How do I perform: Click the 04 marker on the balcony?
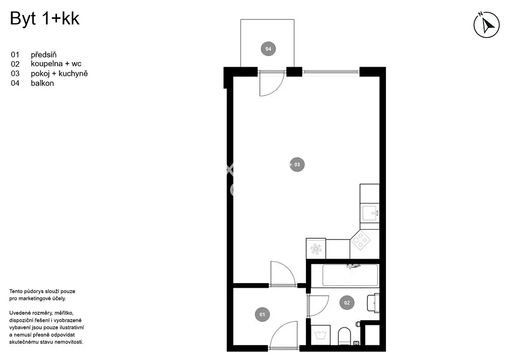[x=268, y=49]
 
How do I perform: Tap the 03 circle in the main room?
[x=297, y=164]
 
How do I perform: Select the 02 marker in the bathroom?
[x=347, y=302]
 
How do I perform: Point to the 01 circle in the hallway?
[x=262, y=314]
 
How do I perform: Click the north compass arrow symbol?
[x=486, y=24]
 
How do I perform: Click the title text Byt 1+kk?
[x=44, y=18]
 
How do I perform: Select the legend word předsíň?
[x=43, y=54]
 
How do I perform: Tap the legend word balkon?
[x=42, y=83]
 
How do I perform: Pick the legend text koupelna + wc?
[x=56, y=64]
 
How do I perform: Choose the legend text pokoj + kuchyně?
[x=59, y=74]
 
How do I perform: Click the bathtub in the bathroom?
[x=350, y=275]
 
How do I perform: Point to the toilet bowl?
[x=345, y=336]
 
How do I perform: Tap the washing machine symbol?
[x=320, y=335]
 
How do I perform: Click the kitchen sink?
[x=370, y=213]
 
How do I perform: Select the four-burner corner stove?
[x=361, y=240]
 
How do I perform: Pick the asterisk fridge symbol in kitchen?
[x=316, y=249]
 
